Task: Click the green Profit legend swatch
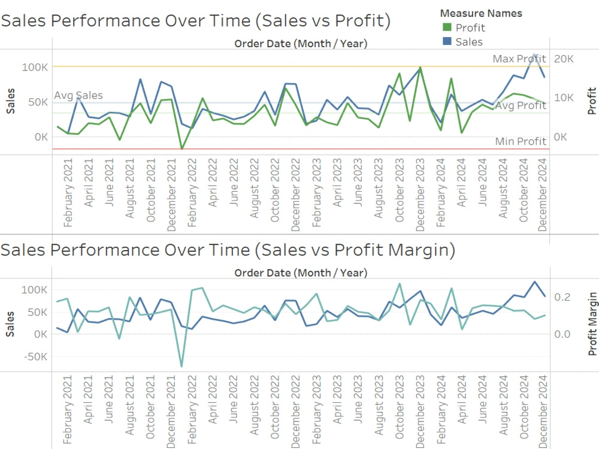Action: [446, 28]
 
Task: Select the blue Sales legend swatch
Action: [446, 42]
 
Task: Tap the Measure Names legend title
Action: [480, 13]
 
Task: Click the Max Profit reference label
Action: [519, 59]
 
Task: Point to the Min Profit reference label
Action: [521, 141]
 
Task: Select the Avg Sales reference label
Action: [78, 95]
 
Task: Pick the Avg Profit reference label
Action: [521, 106]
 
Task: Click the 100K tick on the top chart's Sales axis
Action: [35, 67]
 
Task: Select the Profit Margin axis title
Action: [592, 324]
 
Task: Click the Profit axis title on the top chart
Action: [592, 101]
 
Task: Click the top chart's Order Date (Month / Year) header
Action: [301, 43]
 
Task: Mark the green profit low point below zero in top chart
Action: [181, 148]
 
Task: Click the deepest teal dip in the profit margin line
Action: [181, 366]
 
